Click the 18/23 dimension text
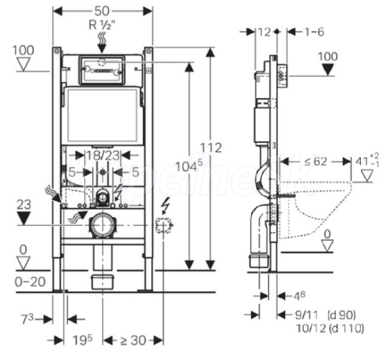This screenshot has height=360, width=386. (x=102, y=155)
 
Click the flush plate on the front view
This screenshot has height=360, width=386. (x=102, y=70)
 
